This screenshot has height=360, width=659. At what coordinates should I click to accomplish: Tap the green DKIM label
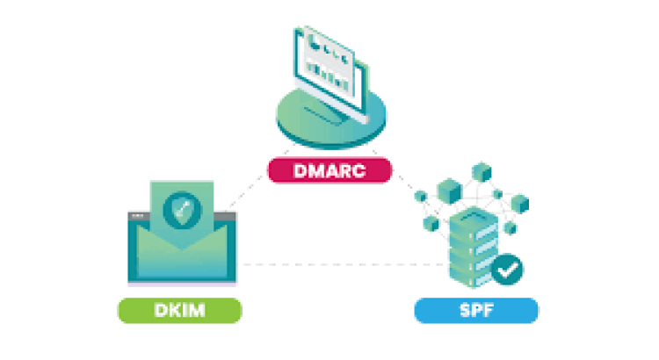(181, 310)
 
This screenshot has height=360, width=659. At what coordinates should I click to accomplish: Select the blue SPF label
(475, 310)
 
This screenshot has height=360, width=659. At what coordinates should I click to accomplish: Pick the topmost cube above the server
(480, 169)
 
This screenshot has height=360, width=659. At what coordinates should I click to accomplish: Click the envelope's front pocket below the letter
(183, 259)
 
